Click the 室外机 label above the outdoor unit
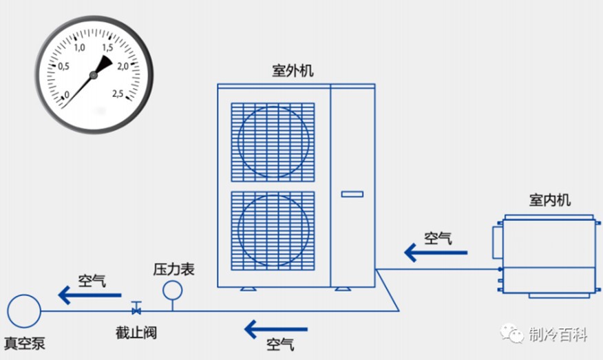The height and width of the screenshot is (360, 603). coord(293,71)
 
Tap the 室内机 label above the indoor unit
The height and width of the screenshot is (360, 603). coord(549,200)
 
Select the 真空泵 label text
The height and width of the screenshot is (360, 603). coord(25,343)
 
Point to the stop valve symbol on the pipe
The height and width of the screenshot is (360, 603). coord(136,308)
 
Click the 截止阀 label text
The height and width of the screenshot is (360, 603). coord(136,332)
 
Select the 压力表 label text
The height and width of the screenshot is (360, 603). coord(174,269)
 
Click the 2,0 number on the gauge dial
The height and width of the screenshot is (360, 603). coord(123,67)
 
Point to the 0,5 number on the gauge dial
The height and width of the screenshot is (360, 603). coord(63,67)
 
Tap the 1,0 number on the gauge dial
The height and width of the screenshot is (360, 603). coord(79,47)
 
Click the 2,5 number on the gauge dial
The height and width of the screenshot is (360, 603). coord(118,94)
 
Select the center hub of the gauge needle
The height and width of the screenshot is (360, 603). coord(93,75)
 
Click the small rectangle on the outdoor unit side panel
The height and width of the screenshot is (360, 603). coord(352,194)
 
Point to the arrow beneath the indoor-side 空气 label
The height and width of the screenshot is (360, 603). coord(436,253)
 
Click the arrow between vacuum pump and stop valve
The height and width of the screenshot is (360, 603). coord(89,295)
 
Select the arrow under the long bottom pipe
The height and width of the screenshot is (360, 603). coord(276,329)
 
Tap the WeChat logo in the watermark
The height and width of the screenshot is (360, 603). coord(512,333)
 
